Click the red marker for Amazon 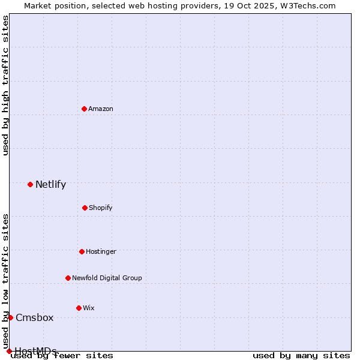coord(85,109)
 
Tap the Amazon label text coord(101,109)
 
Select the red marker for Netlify coord(31,184)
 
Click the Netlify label coord(50,185)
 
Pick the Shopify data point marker coord(85,208)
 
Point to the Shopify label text coord(101,208)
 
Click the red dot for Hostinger coord(82,251)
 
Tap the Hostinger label coord(101,252)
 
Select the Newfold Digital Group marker coord(68,278)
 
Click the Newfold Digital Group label coord(107,278)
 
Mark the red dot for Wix coord(79,308)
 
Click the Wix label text coord(89,308)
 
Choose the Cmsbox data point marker coord(10,317)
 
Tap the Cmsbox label coord(34,318)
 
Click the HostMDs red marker coord(9,351)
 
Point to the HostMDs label coord(35,351)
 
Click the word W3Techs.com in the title coord(310,5)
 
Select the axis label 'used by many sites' coord(301,355)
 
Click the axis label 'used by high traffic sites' coord(5,85)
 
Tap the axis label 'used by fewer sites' coord(62,356)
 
